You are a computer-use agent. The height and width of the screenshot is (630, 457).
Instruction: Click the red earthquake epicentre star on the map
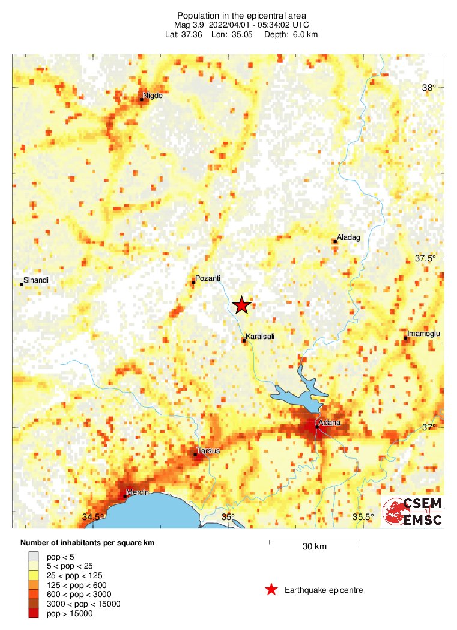241,305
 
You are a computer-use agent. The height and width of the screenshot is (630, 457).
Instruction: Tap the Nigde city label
153,95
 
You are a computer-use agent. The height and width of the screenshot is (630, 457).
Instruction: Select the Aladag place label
348,237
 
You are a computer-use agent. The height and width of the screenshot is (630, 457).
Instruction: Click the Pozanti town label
208,278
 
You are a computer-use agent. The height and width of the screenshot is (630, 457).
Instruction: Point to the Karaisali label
260,337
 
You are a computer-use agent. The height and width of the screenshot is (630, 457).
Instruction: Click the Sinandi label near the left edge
35,280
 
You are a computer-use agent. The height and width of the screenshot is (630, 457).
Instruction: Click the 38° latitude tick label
429,88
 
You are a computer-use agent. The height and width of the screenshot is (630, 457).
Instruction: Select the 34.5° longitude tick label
92,517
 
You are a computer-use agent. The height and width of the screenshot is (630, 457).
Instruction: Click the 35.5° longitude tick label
363,517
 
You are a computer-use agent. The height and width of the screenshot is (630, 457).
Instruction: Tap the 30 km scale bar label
314,547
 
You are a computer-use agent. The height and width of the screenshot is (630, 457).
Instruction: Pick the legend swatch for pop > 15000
34,613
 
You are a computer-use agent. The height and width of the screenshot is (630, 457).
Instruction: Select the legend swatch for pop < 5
34,556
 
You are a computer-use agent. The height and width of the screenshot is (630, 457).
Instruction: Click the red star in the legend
271,590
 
